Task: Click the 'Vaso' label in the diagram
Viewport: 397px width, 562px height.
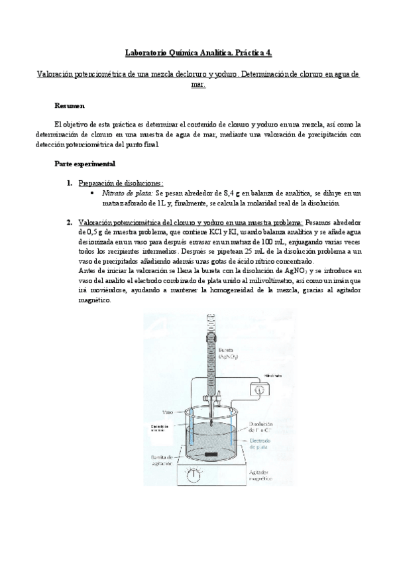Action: (x=168, y=411)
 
